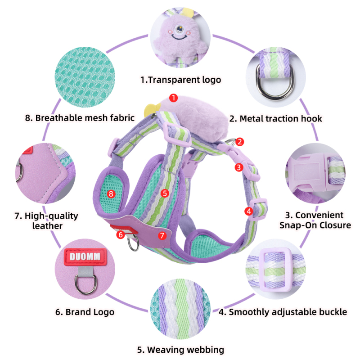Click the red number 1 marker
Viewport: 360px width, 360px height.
174,98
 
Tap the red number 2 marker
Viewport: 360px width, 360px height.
239,142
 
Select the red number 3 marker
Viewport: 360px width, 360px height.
239,167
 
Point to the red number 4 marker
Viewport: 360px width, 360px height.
249,211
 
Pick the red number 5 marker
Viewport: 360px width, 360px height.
165,193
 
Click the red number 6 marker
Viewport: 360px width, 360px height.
121,234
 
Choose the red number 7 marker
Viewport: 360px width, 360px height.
162,235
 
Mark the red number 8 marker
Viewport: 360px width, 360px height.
111,194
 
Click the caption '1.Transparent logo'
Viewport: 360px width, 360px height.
181,80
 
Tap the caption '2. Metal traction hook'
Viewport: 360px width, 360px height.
276,119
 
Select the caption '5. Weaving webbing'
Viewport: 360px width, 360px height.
181,350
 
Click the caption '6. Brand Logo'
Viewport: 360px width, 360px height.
85,312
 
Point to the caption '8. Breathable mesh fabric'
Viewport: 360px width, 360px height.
80,118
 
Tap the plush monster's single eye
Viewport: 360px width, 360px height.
178,29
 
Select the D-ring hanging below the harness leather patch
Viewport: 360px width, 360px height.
133,244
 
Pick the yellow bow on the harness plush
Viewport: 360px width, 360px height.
152,109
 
